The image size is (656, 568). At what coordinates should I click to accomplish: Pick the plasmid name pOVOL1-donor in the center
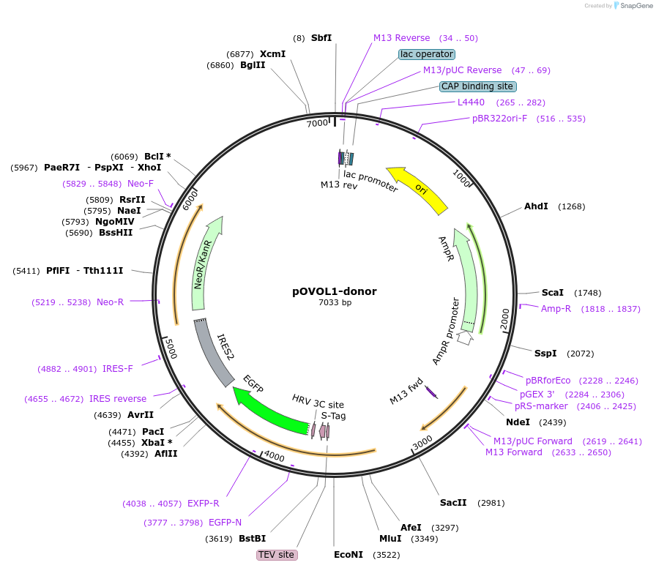[x=335, y=291]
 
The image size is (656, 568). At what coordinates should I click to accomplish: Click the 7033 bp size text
[x=335, y=302]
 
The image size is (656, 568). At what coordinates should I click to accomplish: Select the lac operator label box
[x=427, y=54]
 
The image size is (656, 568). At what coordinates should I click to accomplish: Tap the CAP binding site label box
[x=477, y=86]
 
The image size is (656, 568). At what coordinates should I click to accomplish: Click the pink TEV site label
[x=277, y=555]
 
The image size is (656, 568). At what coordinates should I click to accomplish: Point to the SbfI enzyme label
[x=321, y=37]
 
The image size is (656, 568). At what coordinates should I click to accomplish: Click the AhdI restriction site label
[x=536, y=206]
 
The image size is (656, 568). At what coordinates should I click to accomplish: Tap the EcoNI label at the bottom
[x=348, y=555]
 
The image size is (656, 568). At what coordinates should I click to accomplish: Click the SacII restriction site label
[x=453, y=503]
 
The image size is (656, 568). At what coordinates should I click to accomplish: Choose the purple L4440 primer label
[x=471, y=102]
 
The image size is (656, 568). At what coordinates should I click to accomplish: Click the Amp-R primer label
[x=556, y=309]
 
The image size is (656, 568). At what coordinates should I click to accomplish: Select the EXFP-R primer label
[x=204, y=504]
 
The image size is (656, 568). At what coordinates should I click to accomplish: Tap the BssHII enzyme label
[x=116, y=233]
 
